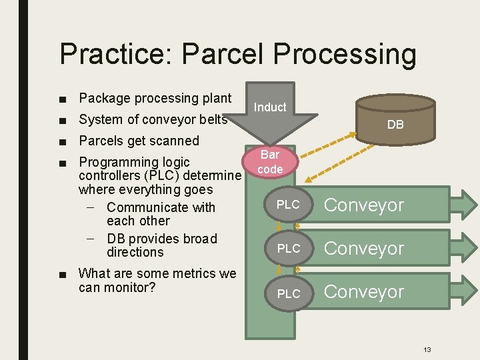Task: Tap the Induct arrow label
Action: pyautogui.click(x=270, y=107)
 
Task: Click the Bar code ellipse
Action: pyautogui.click(x=270, y=162)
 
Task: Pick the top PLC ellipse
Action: pyautogui.click(x=288, y=205)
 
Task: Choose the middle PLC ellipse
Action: pyautogui.click(x=288, y=248)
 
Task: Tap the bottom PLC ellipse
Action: pyautogui.click(x=288, y=293)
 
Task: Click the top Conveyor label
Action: pyautogui.click(x=364, y=205)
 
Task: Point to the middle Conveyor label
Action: pyautogui.click(x=364, y=249)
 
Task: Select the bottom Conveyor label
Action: pyautogui.click(x=364, y=292)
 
